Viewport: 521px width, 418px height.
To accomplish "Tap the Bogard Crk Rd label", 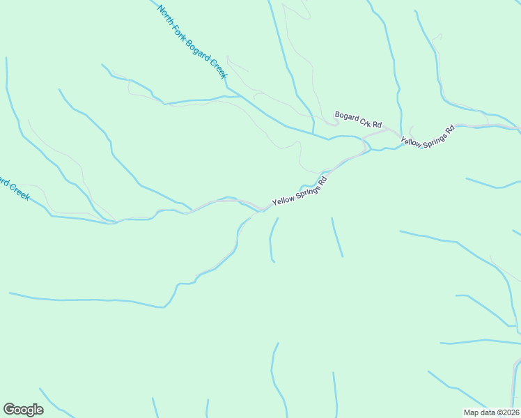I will point(358,120).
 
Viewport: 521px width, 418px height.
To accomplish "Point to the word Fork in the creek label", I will point(181,32).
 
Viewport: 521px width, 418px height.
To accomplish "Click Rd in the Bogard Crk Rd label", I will point(378,125).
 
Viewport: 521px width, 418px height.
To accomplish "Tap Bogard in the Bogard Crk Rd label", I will point(346,116).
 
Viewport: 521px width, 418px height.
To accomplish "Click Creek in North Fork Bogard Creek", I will point(219,70).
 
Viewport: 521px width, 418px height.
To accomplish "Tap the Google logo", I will point(23,410).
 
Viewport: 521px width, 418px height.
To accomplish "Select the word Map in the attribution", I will point(472,412).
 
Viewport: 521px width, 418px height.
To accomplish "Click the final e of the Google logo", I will point(39,410).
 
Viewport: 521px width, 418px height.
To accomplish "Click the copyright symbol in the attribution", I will point(499,412).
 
